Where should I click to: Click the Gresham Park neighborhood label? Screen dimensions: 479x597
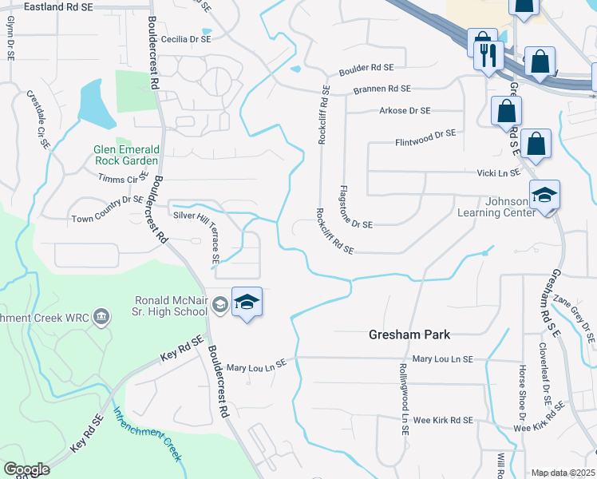pyautogui.click(x=409, y=334)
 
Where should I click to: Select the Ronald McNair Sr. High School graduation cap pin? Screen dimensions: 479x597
pyautogui.click(x=247, y=303)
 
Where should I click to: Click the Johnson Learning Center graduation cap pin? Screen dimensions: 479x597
pyautogui.click(x=544, y=196)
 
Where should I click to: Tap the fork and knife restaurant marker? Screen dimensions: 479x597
pyautogui.click(x=486, y=56)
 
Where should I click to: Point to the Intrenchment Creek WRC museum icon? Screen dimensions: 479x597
pyautogui.click(x=101, y=318)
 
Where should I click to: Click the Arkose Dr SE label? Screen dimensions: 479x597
pyautogui.click(x=405, y=110)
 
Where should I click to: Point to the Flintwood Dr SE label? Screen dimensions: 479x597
pyautogui.click(x=425, y=137)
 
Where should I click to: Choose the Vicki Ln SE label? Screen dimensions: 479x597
pyautogui.click(x=498, y=172)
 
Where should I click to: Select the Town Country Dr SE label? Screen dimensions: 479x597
pyautogui.click(x=109, y=208)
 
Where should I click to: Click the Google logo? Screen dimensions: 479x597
pyautogui.click(x=26, y=469)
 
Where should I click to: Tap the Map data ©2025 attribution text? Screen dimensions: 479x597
pyautogui.click(x=563, y=473)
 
